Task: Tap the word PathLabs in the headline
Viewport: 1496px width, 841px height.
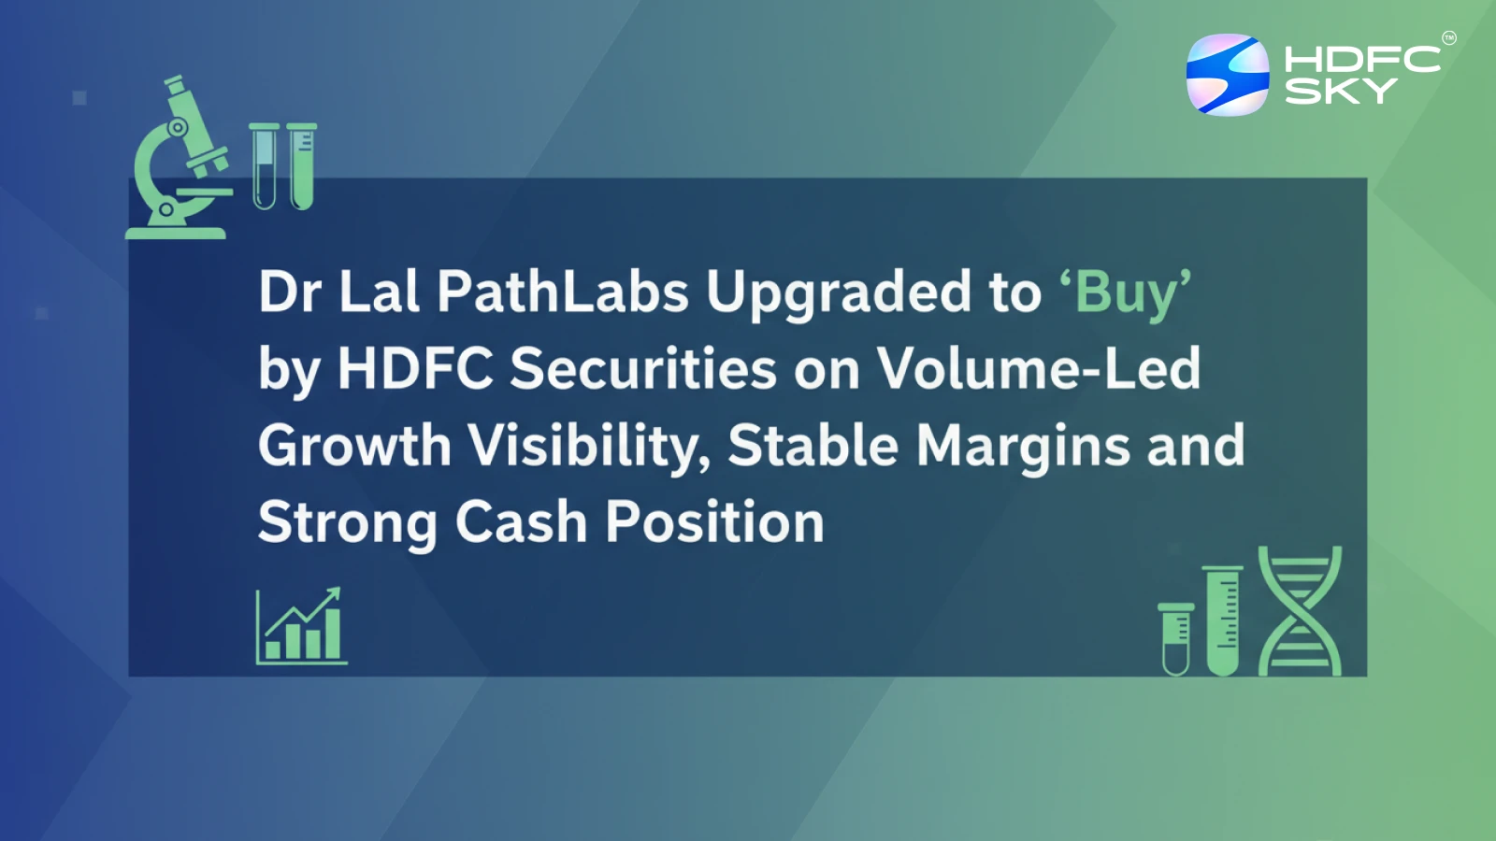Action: pyautogui.click(x=563, y=292)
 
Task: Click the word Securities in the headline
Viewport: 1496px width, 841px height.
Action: pyautogui.click(x=643, y=368)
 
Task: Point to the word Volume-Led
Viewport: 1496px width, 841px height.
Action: pyautogui.click(x=1038, y=368)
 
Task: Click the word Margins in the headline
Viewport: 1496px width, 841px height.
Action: pyautogui.click(x=1023, y=446)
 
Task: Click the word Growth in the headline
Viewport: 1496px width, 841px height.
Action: pyautogui.click(x=354, y=446)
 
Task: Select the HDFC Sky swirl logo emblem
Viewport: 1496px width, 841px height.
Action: pyautogui.click(x=1228, y=75)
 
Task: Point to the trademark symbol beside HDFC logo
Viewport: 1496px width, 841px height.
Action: pyautogui.click(x=1448, y=38)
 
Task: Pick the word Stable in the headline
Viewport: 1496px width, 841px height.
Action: pyautogui.click(x=813, y=446)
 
